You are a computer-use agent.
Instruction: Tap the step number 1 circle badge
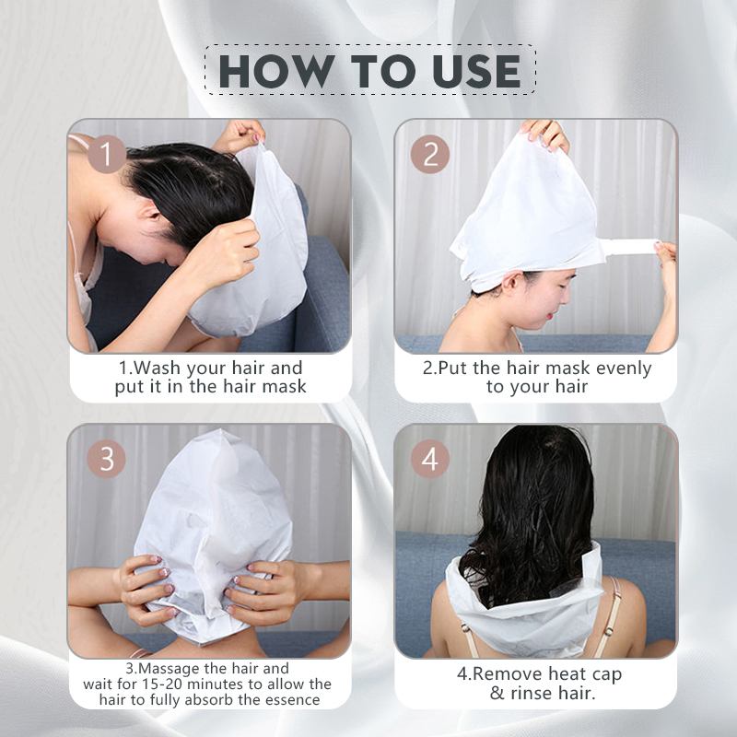(106, 155)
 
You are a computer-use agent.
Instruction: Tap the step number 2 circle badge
(430, 155)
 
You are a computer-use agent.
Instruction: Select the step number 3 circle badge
(106, 459)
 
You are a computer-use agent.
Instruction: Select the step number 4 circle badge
(430, 459)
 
